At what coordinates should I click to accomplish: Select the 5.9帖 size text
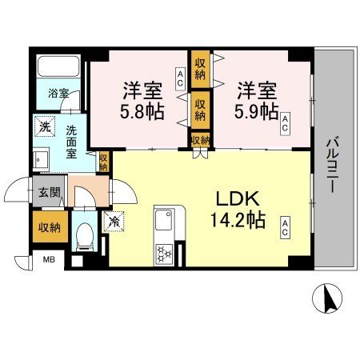pos(256,110)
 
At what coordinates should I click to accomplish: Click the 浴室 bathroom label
pos(58,94)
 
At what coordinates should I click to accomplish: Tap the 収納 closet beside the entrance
pos(46,227)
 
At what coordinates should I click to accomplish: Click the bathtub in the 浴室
pos(58,69)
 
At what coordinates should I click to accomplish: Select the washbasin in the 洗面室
pos(40,158)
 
